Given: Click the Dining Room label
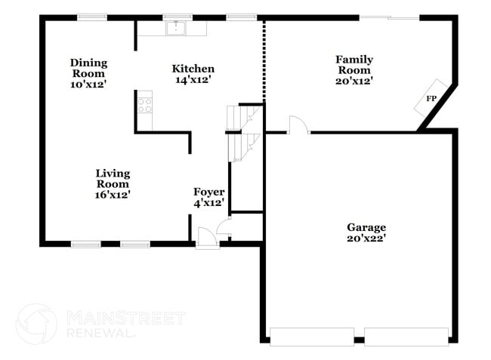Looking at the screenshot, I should click(x=89, y=73).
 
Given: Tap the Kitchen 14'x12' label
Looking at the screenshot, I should click(x=193, y=74).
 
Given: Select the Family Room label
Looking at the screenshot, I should click(x=354, y=69).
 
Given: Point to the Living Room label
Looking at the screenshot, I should click(x=113, y=183).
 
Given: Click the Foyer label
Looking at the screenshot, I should click(x=208, y=197).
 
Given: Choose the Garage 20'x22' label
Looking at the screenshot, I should click(x=366, y=232).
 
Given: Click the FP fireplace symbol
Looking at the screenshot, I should click(x=431, y=99).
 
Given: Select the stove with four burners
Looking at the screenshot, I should click(x=144, y=103).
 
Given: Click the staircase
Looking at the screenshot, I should click(x=244, y=133).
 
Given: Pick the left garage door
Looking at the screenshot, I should click(x=312, y=337).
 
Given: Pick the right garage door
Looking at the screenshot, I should click(x=406, y=337).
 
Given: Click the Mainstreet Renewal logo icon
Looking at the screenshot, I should click(x=36, y=324).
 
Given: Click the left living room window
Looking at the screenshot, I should click(x=86, y=244).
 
